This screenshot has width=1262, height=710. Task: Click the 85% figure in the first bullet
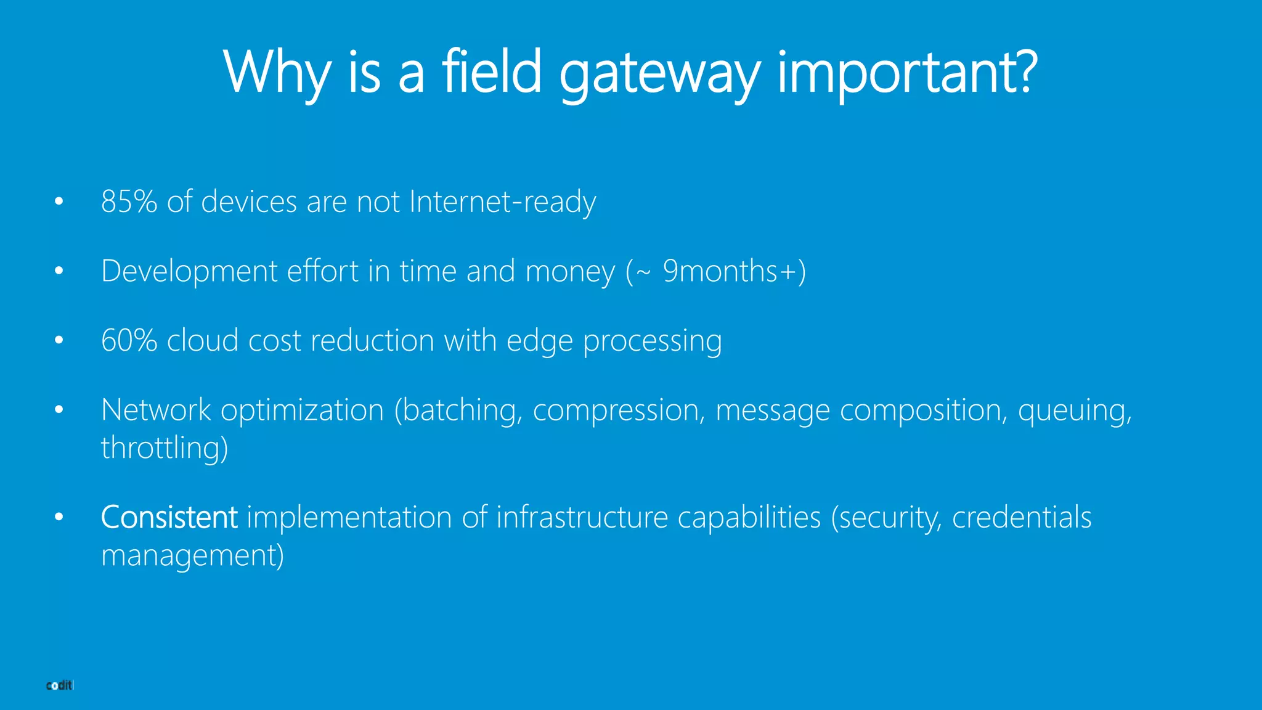click(x=129, y=202)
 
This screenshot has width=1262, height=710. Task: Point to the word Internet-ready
click(x=502, y=202)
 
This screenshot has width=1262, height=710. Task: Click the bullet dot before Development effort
click(x=59, y=271)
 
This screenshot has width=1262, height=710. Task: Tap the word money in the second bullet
click(x=570, y=271)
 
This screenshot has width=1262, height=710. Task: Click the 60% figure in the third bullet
click(x=129, y=340)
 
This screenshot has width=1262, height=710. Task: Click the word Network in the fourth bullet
click(x=156, y=410)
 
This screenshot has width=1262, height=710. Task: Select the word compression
click(x=618, y=410)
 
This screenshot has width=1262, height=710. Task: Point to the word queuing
click(x=1074, y=410)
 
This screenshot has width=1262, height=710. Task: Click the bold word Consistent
click(x=169, y=517)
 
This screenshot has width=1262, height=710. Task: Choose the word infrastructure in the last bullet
click(x=582, y=517)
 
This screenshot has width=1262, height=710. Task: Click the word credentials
click(x=1022, y=517)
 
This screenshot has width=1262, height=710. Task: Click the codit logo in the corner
click(x=60, y=685)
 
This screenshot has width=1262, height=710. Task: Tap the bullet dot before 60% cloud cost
click(x=59, y=340)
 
